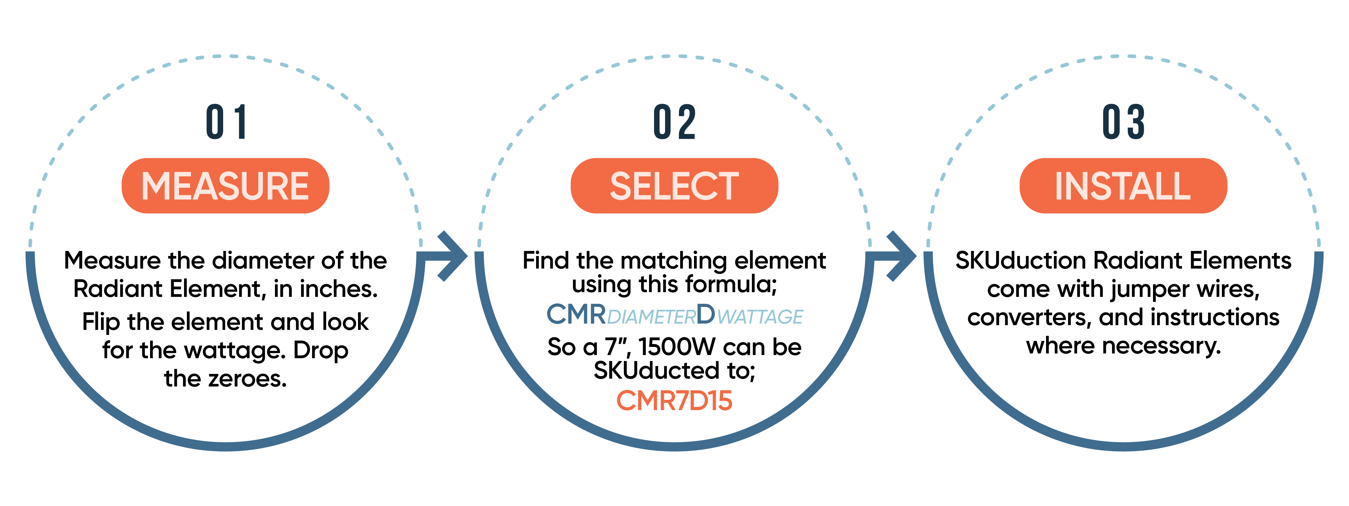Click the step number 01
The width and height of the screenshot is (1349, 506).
click(226, 122)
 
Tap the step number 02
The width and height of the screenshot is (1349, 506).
click(674, 122)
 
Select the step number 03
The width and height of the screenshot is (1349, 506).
click(1123, 122)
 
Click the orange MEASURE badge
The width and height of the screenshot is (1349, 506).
click(225, 186)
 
